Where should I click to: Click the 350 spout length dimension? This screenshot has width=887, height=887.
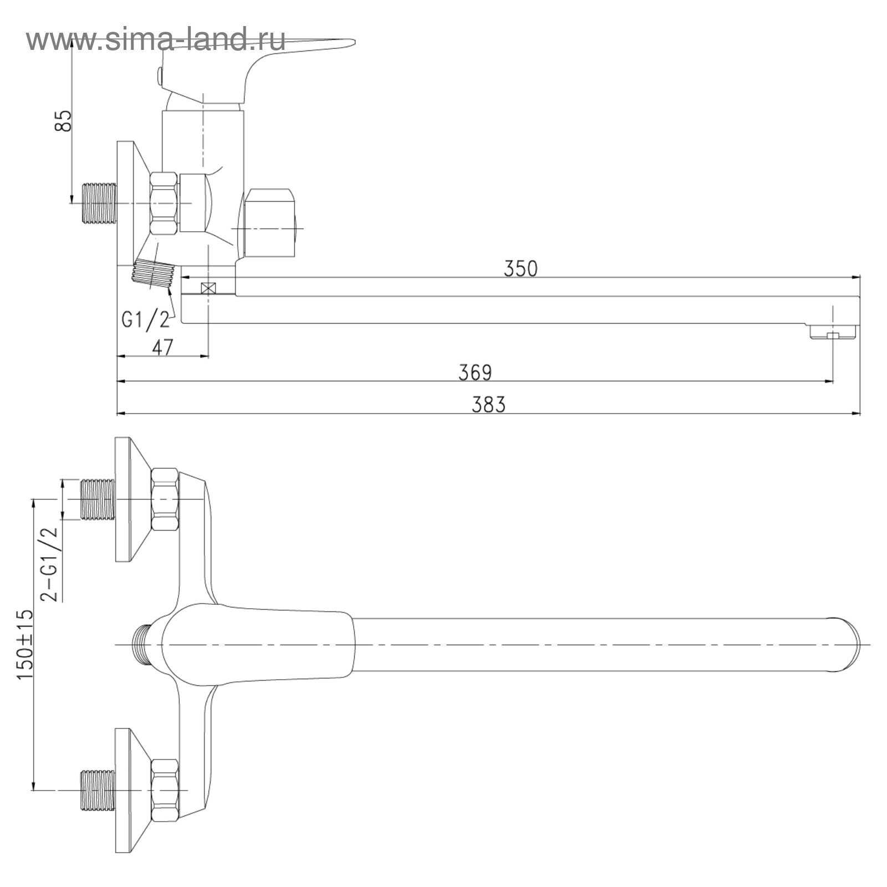tap(520, 268)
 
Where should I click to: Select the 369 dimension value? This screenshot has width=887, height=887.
tap(475, 372)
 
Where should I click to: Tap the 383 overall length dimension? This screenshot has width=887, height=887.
tap(488, 405)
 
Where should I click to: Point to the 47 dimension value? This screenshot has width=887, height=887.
tap(162, 348)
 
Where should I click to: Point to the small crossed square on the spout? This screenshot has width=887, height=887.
tap(208, 288)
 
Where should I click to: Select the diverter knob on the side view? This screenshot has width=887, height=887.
tap(269, 224)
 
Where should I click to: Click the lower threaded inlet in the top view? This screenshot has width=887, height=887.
tap(98, 790)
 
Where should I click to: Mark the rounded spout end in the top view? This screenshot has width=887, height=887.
tap(845, 645)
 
